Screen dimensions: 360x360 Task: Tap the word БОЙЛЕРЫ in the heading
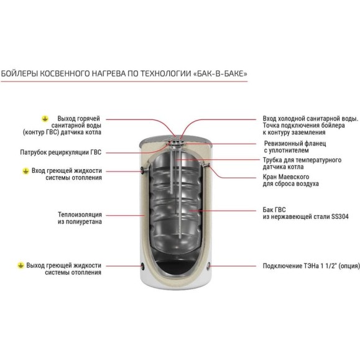[19, 74]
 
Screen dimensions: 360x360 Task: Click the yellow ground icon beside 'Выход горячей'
[45, 119]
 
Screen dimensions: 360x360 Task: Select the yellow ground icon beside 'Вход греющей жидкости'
[25, 171]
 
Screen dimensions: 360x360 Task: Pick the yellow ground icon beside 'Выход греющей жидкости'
[21, 265]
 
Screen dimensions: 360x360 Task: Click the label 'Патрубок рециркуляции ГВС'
[60, 152]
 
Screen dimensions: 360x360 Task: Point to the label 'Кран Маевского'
[286, 177]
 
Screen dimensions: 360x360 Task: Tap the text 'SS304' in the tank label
[340, 216]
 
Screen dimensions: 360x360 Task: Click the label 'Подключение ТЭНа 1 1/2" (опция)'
[311, 266]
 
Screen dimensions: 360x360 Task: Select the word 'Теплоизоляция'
[80, 215]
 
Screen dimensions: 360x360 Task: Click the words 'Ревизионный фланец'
[295, 144]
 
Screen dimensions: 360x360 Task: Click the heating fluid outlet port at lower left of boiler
[143, 266]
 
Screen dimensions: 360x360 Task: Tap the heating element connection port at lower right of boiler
[208, 266]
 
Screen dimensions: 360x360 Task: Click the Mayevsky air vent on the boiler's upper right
[208, 165]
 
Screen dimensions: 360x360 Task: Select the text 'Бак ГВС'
[274, 210]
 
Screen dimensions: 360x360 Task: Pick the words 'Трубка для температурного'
[302, 160]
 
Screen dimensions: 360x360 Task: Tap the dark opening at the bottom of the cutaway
[175, 267]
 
